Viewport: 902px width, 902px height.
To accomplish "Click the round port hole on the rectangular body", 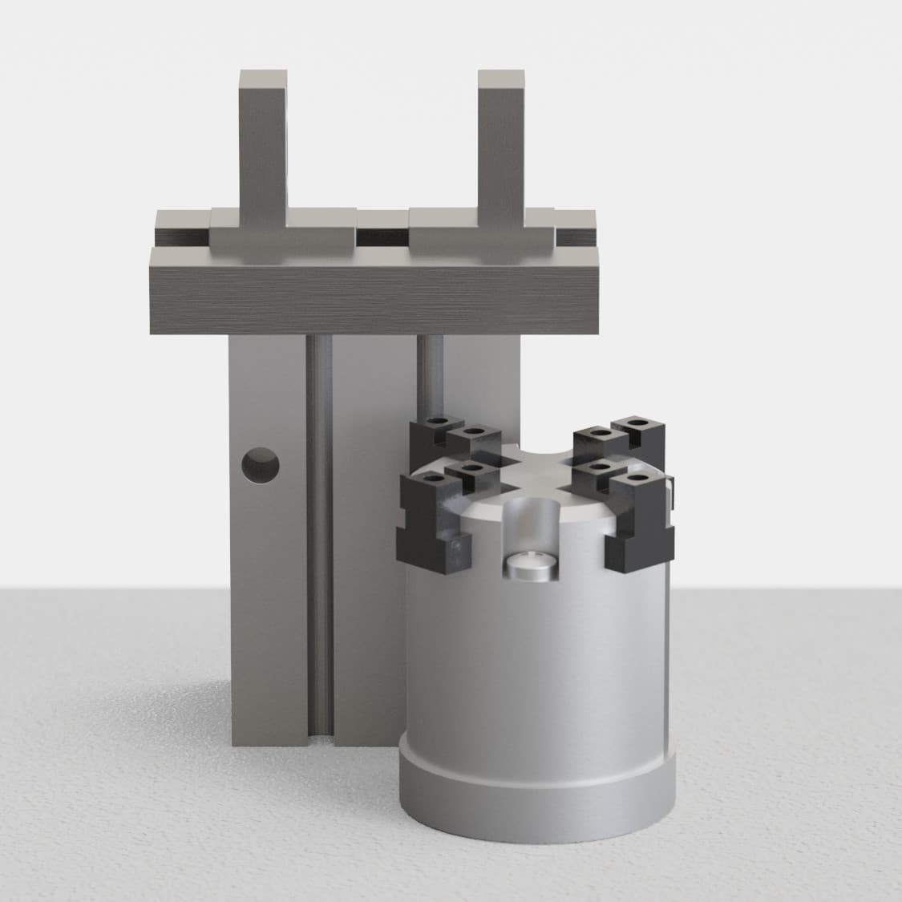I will (x=261, y=466).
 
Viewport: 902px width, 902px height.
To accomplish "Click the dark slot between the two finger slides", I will (x=382, y=237).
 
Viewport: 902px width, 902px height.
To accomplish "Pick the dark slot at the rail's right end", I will (x=576, y=237).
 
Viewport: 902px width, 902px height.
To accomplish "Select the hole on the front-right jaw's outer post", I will (x=637, y=479).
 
